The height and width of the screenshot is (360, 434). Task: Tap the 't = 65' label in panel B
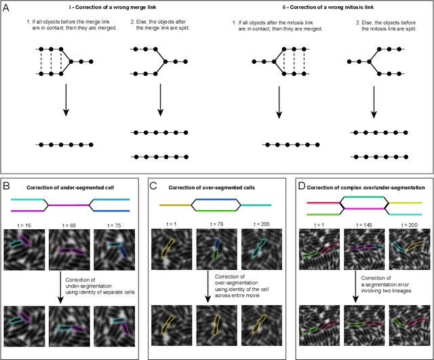point(66,222)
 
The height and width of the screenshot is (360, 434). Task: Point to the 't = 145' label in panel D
point(358,222)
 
